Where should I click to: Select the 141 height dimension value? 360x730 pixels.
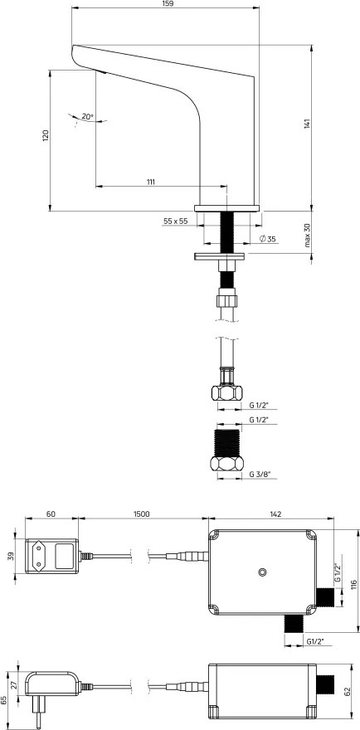306,124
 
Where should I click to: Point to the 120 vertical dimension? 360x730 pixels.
46,134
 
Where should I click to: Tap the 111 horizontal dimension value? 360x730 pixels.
151,181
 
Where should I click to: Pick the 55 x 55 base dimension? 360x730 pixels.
175,221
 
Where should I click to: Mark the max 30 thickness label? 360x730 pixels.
306,236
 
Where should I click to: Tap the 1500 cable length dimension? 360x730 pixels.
141,515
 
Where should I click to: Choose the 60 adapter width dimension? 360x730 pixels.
51,515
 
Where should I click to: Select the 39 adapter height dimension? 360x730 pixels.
12,554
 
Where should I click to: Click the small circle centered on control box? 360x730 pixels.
262,572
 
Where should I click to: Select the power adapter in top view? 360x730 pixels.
51,554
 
